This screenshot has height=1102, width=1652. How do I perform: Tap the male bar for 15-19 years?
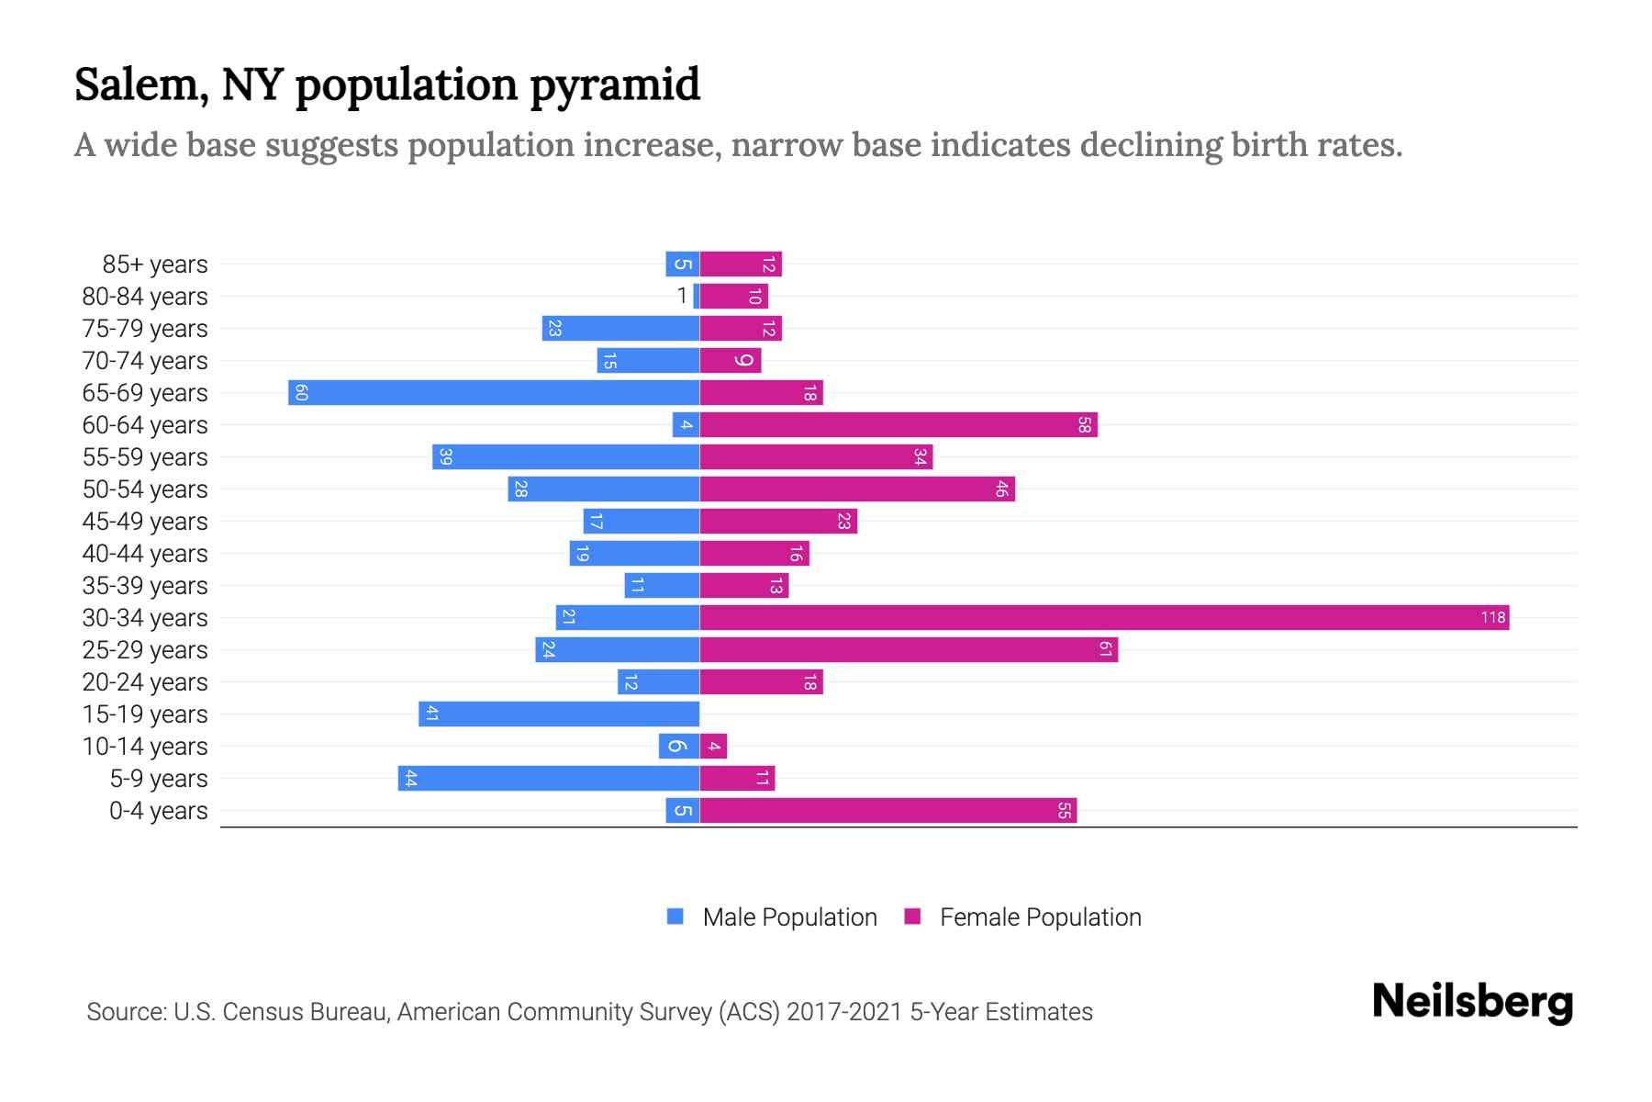pyautogui.click(x=559, y=714)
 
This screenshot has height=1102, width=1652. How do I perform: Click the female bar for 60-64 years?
pyautogui.click(x=899, y=425)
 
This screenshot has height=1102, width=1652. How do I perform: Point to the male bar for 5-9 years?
pyautogui.click(x=549, y=778)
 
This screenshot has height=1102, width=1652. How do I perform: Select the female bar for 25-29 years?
pyautogui.click(x=909, y=649)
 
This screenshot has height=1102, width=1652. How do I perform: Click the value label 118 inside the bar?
pyautogui.click(x=1492, y=617)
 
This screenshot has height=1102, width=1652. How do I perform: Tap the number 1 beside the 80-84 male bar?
pyautogui.click(x=682, y=296)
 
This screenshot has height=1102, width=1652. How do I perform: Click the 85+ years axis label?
pyautogui.click(x=155, y=264)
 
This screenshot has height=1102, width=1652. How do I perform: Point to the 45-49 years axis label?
pyautogui.click(x=145, y=522)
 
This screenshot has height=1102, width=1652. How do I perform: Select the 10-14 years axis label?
pyautogui.click(x=145, y=747)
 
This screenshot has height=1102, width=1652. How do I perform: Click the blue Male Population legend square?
pyautogui.click(x=675, y=916)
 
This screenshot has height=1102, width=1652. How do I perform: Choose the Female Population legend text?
pyautogui.click(x=1040, y=917)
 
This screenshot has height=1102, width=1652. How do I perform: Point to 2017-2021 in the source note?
pyautogui.click(x=844, y=1012)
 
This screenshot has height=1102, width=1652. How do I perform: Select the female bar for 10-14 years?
pyautogui.click(x=713, y=746)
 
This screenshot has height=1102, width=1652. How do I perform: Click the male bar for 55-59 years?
pyautogui.click(x=566, y=457)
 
